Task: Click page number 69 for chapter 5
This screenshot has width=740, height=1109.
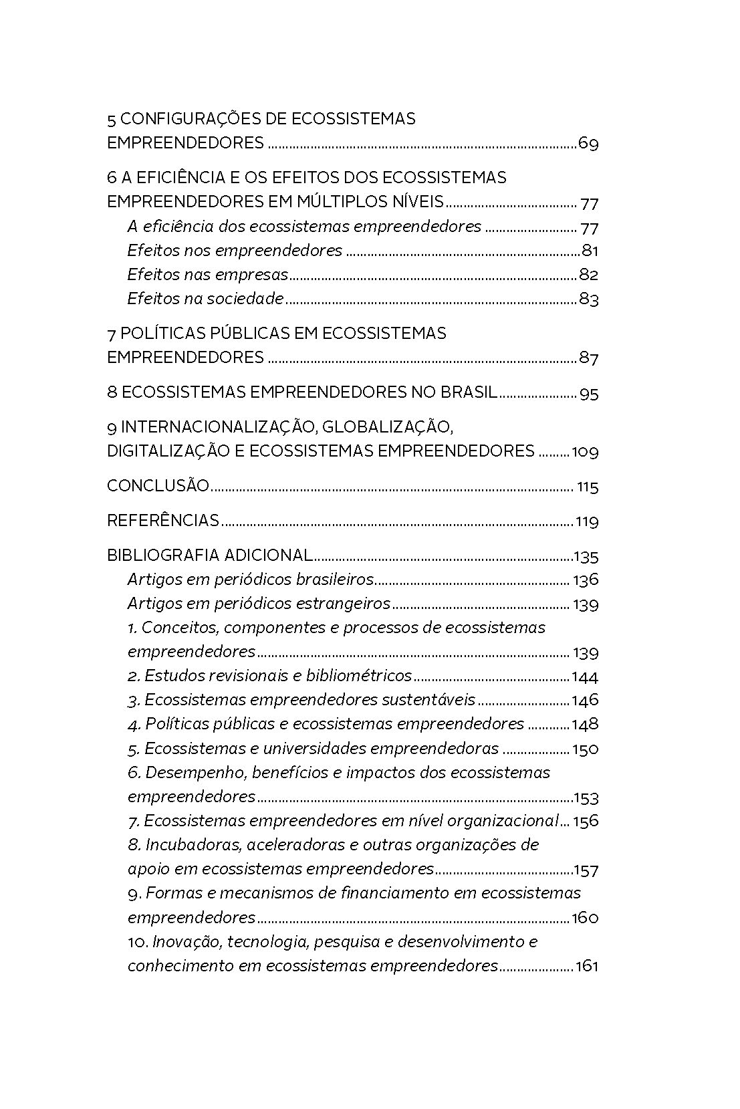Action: click(588, 144)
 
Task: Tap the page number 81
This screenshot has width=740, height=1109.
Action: click(589, 251)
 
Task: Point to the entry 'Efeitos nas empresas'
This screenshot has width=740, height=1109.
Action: click(207, 275)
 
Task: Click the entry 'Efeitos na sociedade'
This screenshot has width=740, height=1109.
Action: click(205, 299)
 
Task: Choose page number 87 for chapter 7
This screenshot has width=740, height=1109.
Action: click(588, 358)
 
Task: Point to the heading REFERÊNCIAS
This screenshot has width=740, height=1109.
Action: click(163, 521)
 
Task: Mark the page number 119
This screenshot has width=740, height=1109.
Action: click(586, 521)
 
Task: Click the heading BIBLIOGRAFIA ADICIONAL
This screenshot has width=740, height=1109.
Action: click(209, 556)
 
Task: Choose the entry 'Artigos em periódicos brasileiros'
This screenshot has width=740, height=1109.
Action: click(250, 579)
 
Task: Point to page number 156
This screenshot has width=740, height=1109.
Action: click(586, 821)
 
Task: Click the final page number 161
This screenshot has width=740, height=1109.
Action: click(586, 967)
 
